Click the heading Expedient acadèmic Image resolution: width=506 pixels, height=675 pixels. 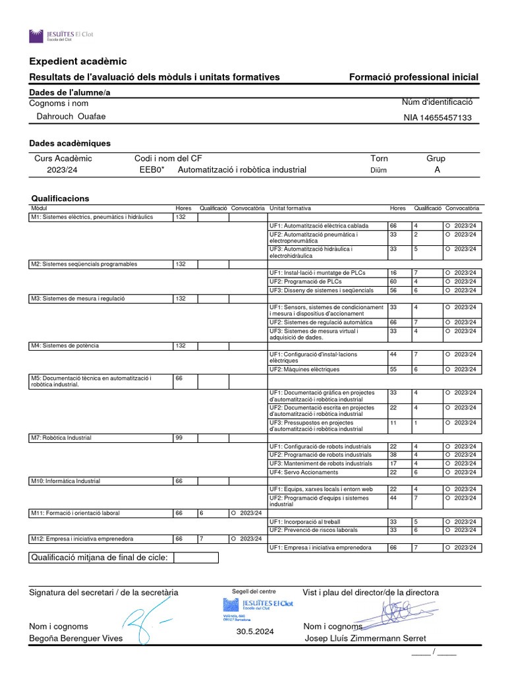click(78, 61)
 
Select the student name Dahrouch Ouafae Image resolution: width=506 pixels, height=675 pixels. click(70, 117)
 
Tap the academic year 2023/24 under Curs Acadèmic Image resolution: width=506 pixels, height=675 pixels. click(61, 169)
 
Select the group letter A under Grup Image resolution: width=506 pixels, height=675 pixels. click(437, 169)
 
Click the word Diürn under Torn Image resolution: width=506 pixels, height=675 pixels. click(379, 170)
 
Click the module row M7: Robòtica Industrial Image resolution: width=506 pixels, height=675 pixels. click(61, 438)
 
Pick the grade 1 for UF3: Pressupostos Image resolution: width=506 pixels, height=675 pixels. click(416, 423)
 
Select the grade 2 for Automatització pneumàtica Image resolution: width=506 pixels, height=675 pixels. click(416, 234)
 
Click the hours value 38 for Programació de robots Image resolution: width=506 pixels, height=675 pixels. click(393, 455)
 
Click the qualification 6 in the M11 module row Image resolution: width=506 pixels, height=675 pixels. click(202, 513)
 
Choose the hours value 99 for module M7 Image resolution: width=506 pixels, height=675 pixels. click(179, 438)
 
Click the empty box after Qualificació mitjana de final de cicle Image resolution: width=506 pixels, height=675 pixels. click(196, 558)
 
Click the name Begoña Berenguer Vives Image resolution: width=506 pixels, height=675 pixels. click(76, 638)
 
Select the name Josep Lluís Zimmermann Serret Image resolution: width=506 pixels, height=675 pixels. click(365, 638)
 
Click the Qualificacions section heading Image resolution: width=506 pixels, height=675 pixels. click(61, 198)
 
